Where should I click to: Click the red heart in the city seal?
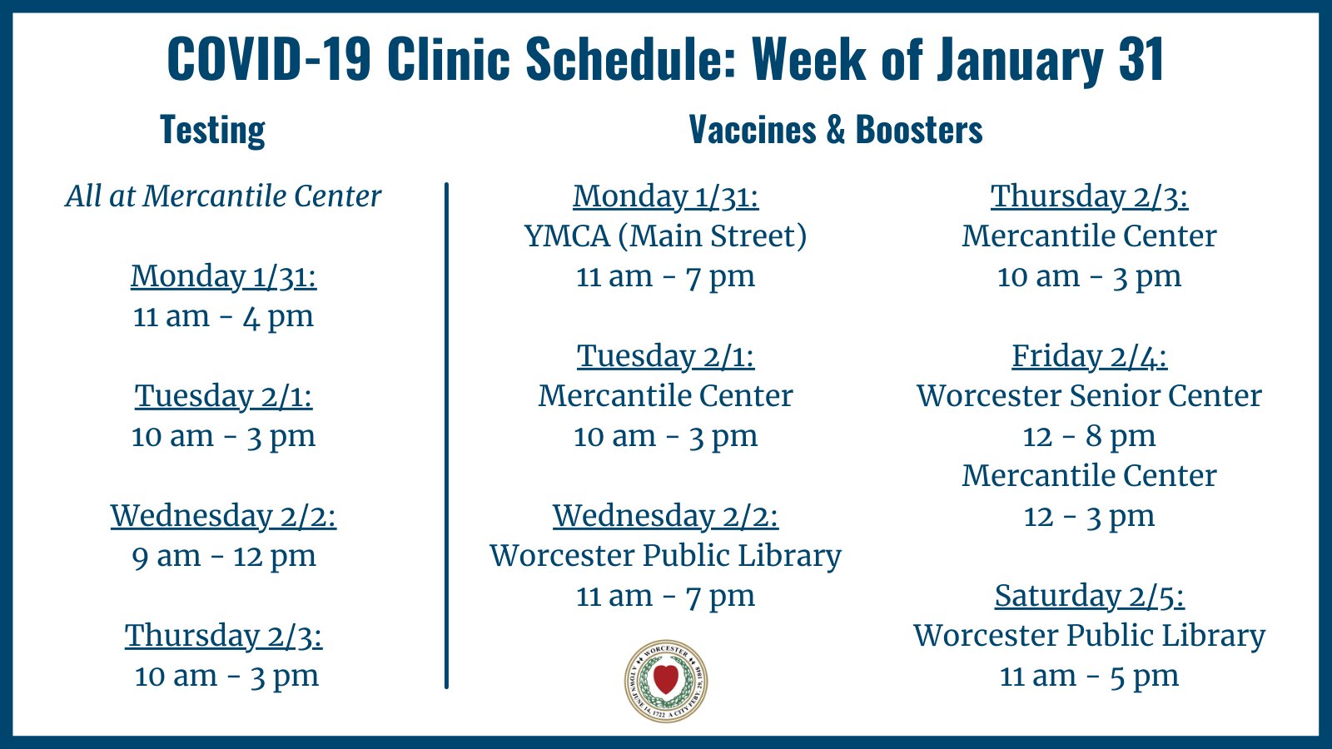click(x=665, y=679)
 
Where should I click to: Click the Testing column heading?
click(x=212, y=130)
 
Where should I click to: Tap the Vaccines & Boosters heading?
click(x=836, y=129)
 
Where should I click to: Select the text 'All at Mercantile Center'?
click(x=223, y=196)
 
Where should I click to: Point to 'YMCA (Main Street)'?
click(x=665, y=236)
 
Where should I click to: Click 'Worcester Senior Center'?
click(x=1089, y=396)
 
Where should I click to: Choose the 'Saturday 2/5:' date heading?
click(x=1090, y=596)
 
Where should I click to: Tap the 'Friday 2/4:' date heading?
click(x=1090, y=356)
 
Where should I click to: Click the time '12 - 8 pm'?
click(x=1089, y=436)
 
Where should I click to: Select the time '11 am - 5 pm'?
click(x=1089, y=676)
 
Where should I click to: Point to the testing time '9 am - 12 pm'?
click(x=224, y=557)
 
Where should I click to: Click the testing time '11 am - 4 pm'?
click(x=223, y=316)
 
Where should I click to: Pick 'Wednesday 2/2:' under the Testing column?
click(x=224, y=516)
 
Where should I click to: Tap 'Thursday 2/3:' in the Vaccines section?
click(x=1090, y=196)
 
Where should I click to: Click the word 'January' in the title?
click(x=1020, y=59)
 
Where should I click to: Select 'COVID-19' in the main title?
click(x=269, y=58)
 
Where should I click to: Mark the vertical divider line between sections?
click(x=446, y=435)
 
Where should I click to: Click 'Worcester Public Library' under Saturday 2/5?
click(x=1089, y=636)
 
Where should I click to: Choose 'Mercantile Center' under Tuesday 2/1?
click(x=665, y=396)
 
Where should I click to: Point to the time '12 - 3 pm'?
click(x=1089, y=516)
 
